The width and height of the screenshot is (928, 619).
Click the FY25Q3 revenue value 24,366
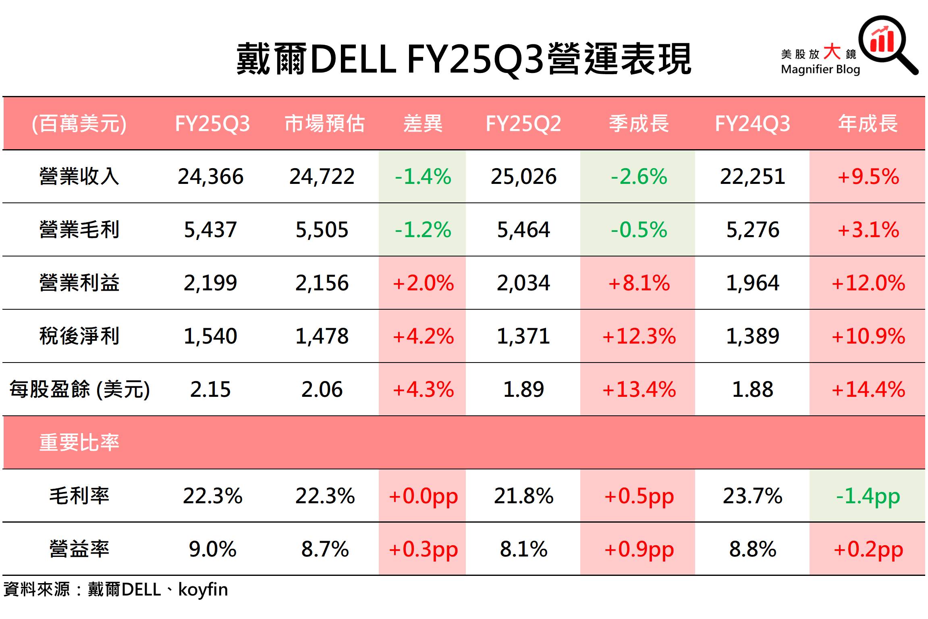click(x=210, y=177)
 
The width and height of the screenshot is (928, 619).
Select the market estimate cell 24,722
click(x=322, y=177)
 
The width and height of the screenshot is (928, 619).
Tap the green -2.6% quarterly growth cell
click(x=639, y=177)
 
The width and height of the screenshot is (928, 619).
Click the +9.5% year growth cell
click(x=868, y=177)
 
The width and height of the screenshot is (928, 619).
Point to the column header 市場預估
click(x=324, y=123)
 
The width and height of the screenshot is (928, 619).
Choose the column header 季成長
click(x=639, y=123)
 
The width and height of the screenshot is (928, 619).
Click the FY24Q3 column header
click(x=752, y=123)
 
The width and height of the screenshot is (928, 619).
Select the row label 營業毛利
click(x=79, y=230)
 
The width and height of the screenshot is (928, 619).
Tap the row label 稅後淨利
click(x=79, y=336)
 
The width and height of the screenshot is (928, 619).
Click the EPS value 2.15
click(x=210, y=390)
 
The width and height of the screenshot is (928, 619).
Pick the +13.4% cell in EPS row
click(x=639, y=390)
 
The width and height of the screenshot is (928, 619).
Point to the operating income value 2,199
click(x=210, y=283)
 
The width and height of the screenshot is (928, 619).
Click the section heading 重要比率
click(x=79, y=442)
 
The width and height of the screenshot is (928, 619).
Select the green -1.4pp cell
click(x=868, y=496)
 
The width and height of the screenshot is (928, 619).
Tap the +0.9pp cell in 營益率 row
click(x=639, y=549)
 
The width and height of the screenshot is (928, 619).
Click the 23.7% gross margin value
click(x=752, y=496)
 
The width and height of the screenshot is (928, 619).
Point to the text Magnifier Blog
click(x=820, y=69)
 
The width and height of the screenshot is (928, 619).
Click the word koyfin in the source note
click(x=203, y=590)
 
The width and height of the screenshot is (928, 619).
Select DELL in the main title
click(x=353, y=60)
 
